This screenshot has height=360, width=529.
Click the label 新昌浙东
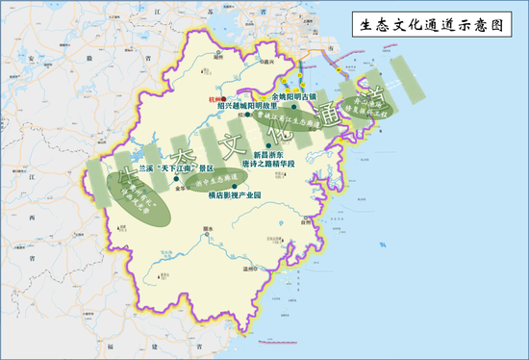(270, 152)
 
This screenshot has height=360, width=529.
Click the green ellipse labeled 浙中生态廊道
(217, 180)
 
